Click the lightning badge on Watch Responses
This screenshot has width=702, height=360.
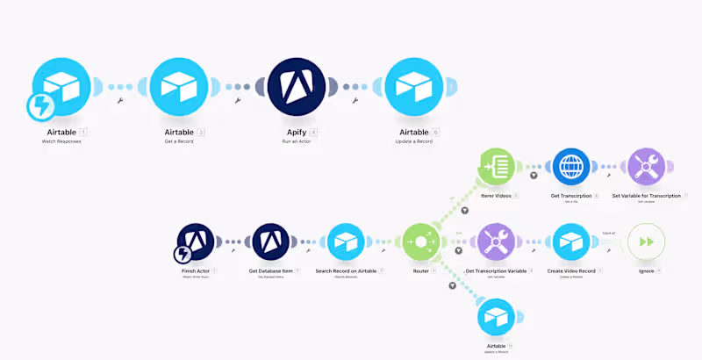(41, 107)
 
